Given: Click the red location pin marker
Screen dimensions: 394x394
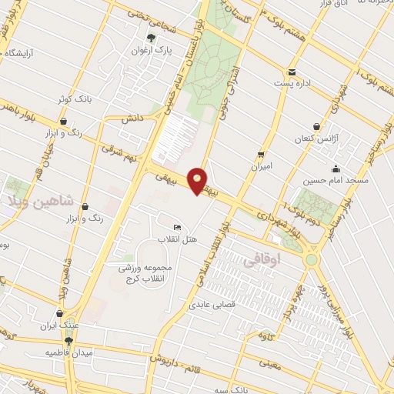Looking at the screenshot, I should pyautogui.click(x=199, y=180).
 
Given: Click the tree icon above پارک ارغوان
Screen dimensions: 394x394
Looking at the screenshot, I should pyautogui.click(x=150, y=36).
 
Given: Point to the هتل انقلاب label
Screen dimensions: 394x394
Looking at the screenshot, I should pyautogui.click(x=178, y=239).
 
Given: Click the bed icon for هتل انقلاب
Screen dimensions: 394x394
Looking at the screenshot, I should pyautogui.click(x=178, y=228).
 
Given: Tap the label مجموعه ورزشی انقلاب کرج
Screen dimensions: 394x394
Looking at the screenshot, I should pyautogui.click(x=149, y=272).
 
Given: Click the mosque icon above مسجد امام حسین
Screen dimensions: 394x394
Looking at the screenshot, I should pyautogui.click(x=335, y=169).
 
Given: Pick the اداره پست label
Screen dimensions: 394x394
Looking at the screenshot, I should pyautogui.click(x=294, y=82).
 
